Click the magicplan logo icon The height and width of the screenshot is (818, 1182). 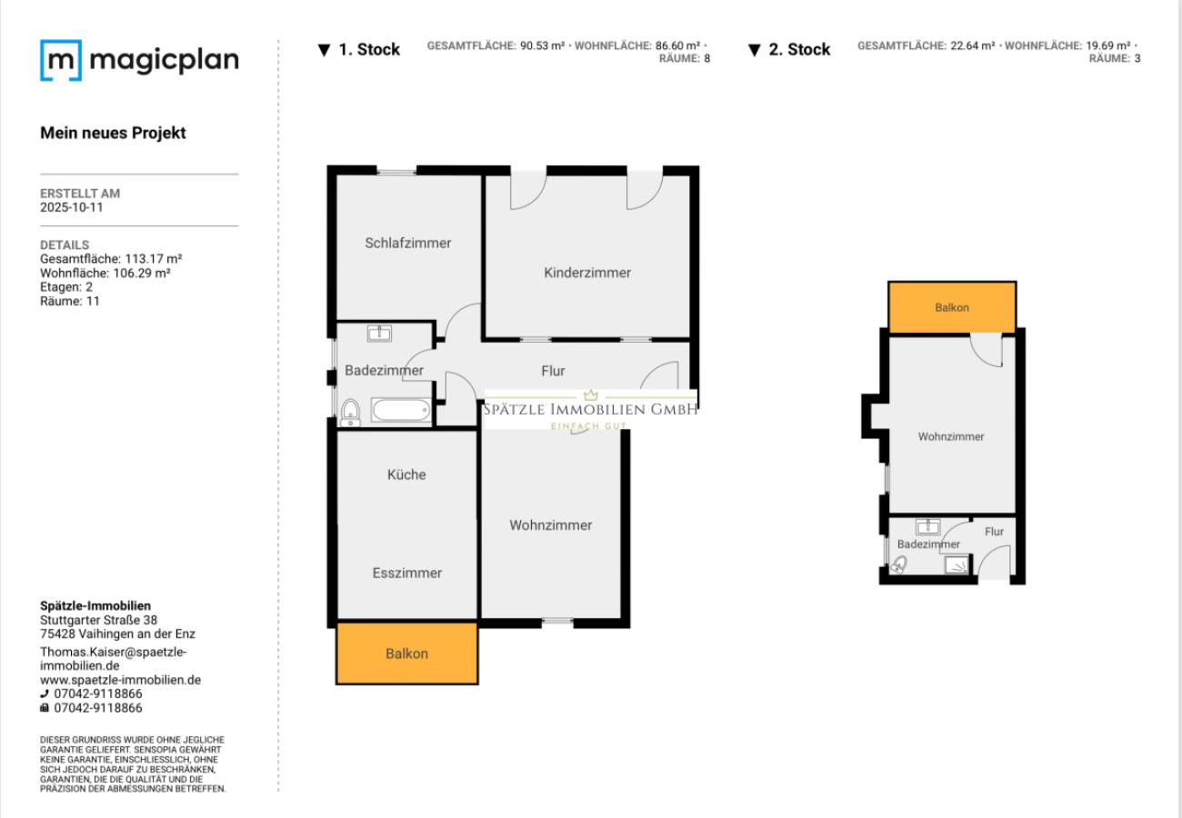(x=60, y=60)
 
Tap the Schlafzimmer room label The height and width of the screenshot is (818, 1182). (x=408, y=243)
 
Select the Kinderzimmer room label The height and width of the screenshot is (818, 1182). (x=587, y=273)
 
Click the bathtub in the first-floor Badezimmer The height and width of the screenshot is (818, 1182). (x=400, y=411)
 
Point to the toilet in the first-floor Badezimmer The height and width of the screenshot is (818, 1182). (x=349, y=413)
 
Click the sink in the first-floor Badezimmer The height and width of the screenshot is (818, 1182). (x=379, y=334)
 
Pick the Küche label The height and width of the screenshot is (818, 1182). (x=406, y=474)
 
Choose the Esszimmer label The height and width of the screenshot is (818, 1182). (x=406, y=573)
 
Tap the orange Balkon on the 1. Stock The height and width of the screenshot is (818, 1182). (x=406, y=653)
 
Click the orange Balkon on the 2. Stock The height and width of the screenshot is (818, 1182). (x=952, y=307)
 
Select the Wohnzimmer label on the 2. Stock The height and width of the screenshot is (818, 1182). (x=951, y=436)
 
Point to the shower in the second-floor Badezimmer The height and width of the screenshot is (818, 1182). (x=957, y=565)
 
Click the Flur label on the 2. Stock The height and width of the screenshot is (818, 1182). (x=995, y=532)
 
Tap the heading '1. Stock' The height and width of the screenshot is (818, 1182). (x=360, y=50)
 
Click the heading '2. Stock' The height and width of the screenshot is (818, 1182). (x=790, y=50)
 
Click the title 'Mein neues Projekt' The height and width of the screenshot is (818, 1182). (x=113, y=133)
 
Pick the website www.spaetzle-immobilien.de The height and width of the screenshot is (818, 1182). (x=120, y=679)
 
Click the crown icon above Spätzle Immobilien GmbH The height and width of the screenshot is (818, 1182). (x=591, y=395)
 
